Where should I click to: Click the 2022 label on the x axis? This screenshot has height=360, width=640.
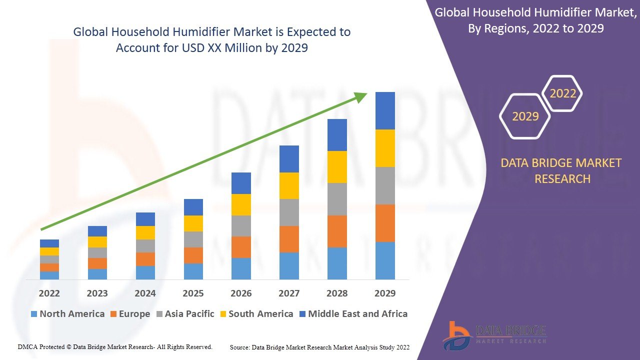click(49, 293)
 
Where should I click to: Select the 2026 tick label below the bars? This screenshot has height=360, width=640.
click(241, 293)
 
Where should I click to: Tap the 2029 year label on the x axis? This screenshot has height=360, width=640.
click(385, 293)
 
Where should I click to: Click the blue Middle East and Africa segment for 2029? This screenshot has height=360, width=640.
click(385, 110)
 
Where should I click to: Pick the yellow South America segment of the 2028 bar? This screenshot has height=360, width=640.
click(337, 167)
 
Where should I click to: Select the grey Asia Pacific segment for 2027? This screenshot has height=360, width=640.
click(289, 212)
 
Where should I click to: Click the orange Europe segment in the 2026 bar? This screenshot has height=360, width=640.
click(241, 247)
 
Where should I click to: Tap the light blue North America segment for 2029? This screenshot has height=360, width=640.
click(385, 260)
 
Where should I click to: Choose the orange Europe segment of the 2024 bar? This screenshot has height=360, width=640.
click(145, 259)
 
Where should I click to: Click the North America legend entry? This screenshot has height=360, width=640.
click(67, 314)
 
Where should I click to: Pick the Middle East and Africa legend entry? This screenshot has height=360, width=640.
click(353, 314)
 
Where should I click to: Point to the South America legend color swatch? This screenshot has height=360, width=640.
click(222, 314)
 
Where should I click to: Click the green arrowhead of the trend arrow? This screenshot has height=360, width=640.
click(361, 96)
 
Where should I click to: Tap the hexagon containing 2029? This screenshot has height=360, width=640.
click(525, 116)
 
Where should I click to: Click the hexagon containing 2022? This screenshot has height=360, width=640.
click(562, 93)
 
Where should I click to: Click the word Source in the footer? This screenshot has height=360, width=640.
click(240, 347)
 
